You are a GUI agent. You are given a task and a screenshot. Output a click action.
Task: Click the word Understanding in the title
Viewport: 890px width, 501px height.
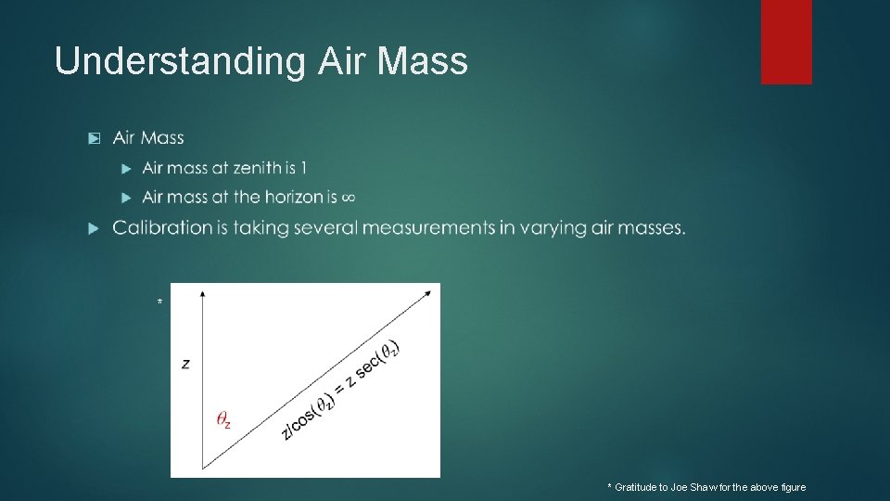tap(179, 61)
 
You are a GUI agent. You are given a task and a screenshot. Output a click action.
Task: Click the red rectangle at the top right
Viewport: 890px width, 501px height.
tap(786, 42)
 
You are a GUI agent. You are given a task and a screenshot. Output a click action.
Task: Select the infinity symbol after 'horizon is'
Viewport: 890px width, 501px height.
tap(349, 197)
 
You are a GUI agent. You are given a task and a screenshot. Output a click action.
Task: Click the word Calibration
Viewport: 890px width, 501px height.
tap(162, 227)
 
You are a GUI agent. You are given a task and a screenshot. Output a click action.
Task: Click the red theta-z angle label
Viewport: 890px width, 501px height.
tap(223, 420)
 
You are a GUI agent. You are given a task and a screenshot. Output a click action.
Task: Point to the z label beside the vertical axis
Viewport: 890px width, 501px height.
tap(185, 365)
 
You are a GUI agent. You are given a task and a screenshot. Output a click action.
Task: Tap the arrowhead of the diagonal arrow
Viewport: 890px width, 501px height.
tap(427, 293)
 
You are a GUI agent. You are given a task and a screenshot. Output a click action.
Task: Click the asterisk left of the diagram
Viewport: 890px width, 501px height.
tap(160, 303)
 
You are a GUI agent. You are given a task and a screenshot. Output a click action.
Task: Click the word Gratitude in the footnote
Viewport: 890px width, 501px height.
tap(638, 488)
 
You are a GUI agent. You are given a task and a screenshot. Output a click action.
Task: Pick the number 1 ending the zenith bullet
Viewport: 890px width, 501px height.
tap(303, 168)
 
